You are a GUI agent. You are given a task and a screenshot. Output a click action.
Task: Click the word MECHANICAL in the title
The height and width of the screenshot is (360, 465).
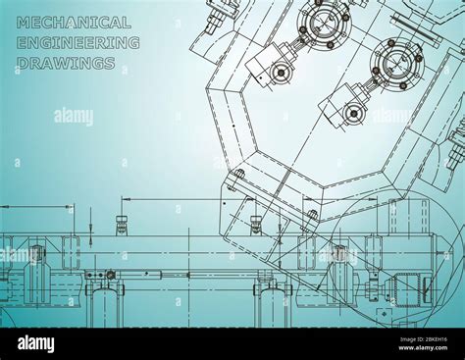click(x=74, y=23)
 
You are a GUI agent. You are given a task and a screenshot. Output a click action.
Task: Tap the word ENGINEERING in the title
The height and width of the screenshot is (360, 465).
click(x=77, y=43)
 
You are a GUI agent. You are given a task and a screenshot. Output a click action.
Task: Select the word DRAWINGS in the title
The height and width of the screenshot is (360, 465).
click(x=65, y=64)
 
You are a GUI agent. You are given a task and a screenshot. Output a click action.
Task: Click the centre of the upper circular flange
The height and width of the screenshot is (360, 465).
click(x=323, y=22)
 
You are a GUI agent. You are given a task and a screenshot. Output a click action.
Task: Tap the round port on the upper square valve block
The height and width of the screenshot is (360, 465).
click(x=282, y=72)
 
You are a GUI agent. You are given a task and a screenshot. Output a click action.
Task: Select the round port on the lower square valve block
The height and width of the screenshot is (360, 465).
click(x=354, y=113)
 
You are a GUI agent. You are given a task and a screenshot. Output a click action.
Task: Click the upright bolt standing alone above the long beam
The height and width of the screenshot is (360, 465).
click(x=122, y=224)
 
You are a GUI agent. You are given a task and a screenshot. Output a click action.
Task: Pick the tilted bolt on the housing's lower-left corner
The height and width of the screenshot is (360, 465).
click(x=236, y=180)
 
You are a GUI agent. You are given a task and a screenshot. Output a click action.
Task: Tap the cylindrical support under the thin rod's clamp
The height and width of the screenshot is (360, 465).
click(x=104, y=304)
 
